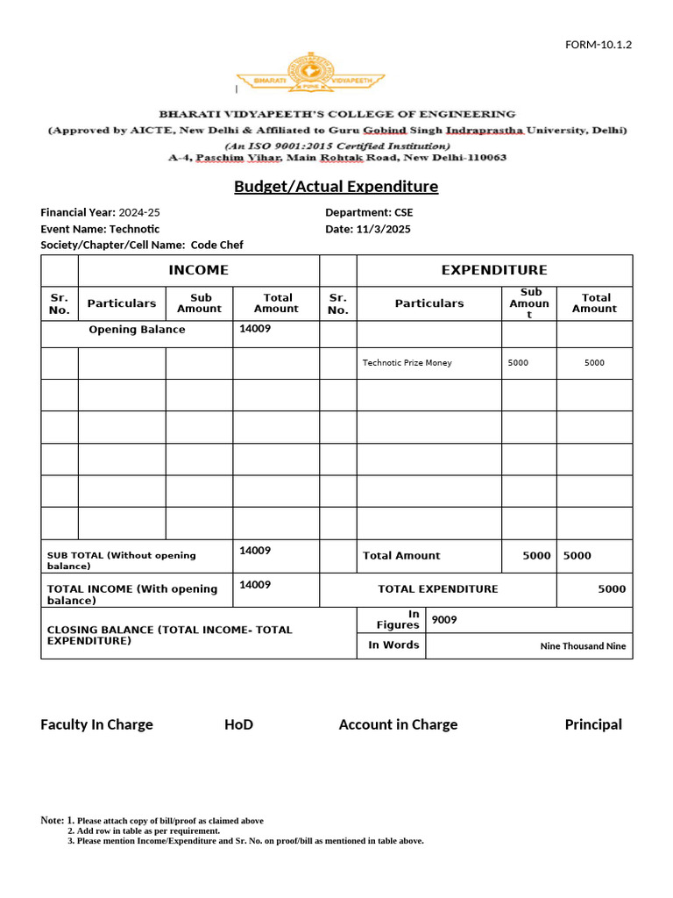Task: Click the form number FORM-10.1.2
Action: pos(599,45)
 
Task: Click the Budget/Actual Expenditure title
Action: pos(336,187)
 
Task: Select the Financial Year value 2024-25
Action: pos(139,212)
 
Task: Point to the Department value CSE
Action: pos(403,212)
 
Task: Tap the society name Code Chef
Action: pos(216,246)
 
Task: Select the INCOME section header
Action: pos(198,270)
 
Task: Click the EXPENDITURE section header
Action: pos(493,270)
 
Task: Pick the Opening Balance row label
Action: pos(137,330)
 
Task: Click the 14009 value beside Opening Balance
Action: pos(255,329)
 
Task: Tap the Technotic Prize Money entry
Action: pos(407,362)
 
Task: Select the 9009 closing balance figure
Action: pos(444,620)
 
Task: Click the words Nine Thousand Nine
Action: pos(583,646)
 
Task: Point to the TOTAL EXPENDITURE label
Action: pos(437,589)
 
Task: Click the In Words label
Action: pos(393,645)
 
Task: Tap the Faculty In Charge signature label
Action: pos(96,724)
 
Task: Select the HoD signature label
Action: pos(238,724)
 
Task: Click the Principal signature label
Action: pos(593,724)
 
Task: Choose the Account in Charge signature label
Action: pos(398,724)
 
